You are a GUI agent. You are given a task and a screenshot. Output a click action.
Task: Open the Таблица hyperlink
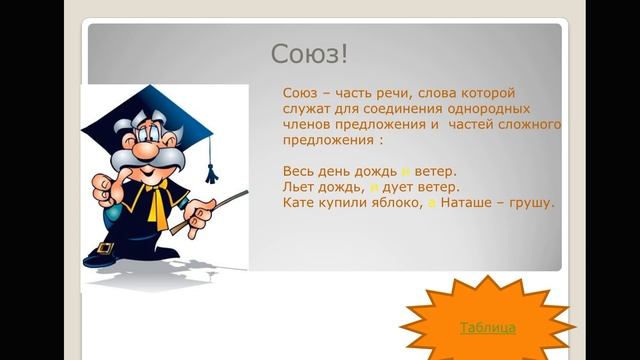click(487, 327)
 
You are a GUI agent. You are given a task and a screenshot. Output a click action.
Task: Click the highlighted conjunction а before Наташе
click(432, 204)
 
